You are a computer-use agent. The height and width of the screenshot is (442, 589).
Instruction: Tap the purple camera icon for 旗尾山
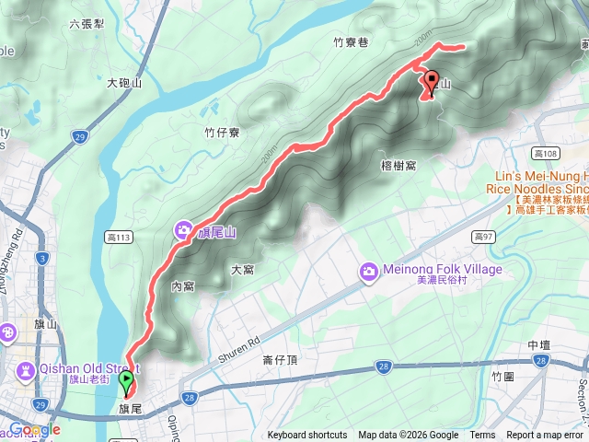tap(183, 230)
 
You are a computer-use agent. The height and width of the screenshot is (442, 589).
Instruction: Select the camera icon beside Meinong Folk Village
tap(369, 271)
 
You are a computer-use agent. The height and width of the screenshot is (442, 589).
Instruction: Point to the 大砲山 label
tap(124, 83)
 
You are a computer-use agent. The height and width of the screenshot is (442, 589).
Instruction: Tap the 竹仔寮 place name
tap(222, 133)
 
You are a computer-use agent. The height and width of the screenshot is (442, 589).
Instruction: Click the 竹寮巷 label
tap(351, 41)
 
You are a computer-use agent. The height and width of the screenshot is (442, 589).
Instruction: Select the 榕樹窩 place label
tap(398, 166)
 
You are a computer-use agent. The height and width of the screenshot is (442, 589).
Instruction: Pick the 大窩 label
tap(242, 270)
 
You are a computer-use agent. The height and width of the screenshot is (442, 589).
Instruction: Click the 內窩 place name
tap(182, 286)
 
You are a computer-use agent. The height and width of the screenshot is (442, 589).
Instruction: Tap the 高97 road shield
tap(484, 237)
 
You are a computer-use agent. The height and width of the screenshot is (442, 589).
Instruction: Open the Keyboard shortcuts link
tap(307, 436)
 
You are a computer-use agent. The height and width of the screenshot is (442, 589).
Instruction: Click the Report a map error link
tap(547, 436)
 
